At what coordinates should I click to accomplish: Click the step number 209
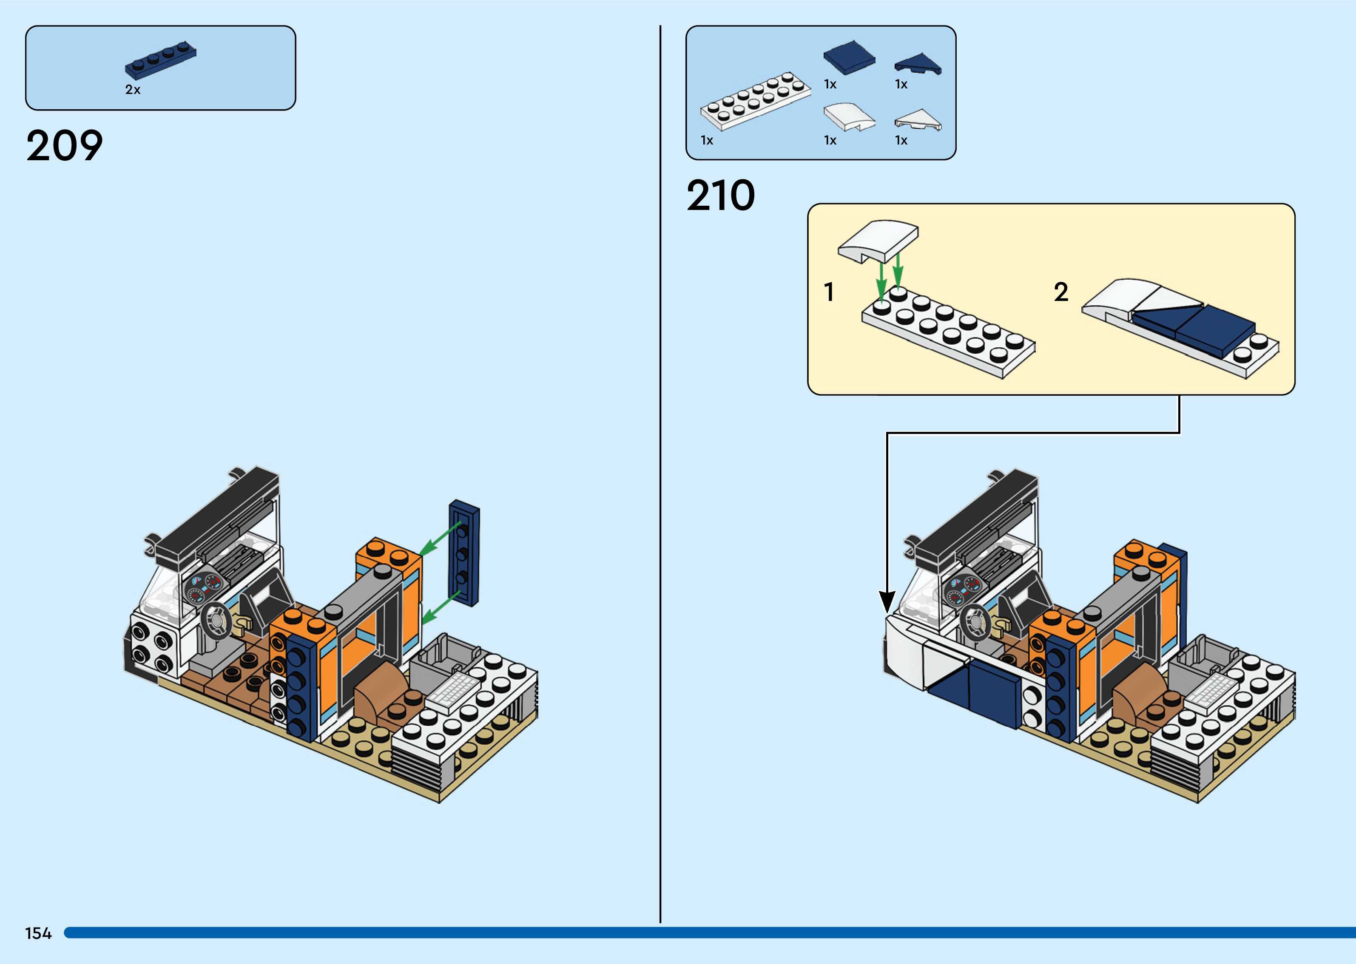pos(64,146)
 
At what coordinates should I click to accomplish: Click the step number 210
pos(720,196)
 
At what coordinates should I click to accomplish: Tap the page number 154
pos(38,933)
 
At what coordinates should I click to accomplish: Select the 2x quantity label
pos(132,90)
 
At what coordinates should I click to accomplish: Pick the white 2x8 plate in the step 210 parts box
pos(755,101)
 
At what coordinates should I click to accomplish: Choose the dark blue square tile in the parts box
pos(849,57)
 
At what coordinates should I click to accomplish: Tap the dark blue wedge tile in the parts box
pos(918,63)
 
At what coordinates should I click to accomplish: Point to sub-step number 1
pos(829,292)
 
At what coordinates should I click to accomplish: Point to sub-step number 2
pos(1060,292)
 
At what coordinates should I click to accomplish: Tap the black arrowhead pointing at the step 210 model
pos(887,602)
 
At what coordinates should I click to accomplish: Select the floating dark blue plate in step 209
pos(464,552)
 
